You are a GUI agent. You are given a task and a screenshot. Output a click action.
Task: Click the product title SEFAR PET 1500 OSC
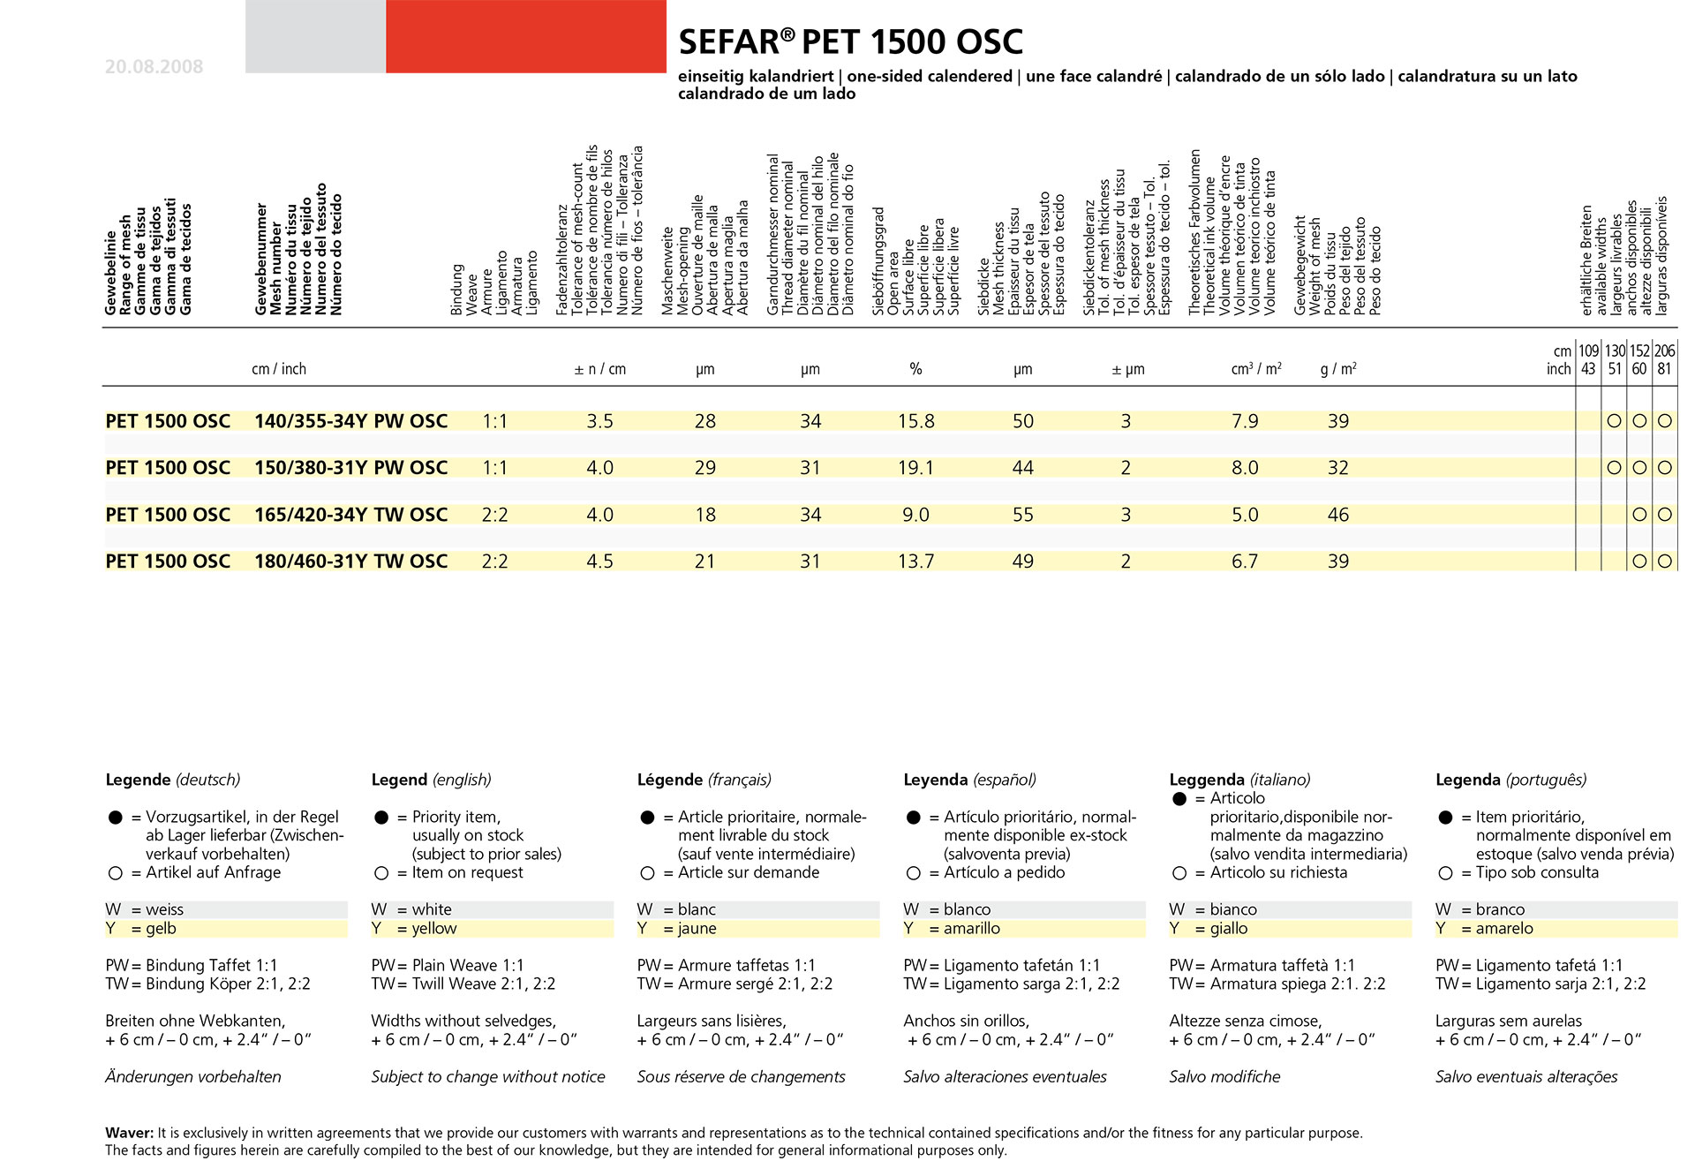pyautogui.click(x=850, y=41)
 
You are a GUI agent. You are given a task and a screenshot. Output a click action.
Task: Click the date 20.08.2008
pyautogui.click(x=154, y=66)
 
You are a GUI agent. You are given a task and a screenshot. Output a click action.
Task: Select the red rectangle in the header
pyautogui.click(x=525, y=36)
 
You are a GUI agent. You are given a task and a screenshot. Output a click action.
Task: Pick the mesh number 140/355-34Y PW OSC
pyautogui.click(x=350, y=421)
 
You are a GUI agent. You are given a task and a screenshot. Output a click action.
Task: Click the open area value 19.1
pyautogui.click(x=915, y=468)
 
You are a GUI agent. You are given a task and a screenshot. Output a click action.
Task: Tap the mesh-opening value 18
pyautogui.click(x=704, y=515)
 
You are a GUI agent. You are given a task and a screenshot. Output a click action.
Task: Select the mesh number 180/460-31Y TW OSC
pyautogui.click(x=350, y=562)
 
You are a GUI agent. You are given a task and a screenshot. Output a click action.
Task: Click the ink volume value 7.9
pyautogui.click(x=1245, y=421)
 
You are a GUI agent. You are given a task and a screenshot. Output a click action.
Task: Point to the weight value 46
pyautogui.click(x=1338, y=515)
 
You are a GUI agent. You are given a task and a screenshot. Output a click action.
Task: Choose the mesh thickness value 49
pyautogui.click(x=1022, y=562)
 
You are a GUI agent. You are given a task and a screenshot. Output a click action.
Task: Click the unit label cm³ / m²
pyautogui.click(x=1256, y=368)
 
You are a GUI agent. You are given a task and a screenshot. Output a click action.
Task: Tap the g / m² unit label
pyautogui.click(x=1338, y=368)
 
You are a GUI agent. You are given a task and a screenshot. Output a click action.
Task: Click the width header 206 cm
pyautogui.click(x=1664, y=351)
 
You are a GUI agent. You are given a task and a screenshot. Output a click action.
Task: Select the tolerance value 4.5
pyautogui.click(x=599, y=562)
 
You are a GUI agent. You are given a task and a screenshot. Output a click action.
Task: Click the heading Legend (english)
pyautogui.click(x=431, y=780)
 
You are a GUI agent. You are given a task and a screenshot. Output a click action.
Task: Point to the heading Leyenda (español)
pyautogui.click(x=969, y=780)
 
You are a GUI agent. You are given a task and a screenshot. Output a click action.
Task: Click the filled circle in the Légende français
pyautogui.click(x=647, y=818)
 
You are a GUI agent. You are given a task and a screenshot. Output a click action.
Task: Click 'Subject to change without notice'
pyautogui.click(x=488, y=1076)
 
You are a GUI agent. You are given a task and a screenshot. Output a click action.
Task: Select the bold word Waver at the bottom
pyautogui.click(x=129, y=1133)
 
